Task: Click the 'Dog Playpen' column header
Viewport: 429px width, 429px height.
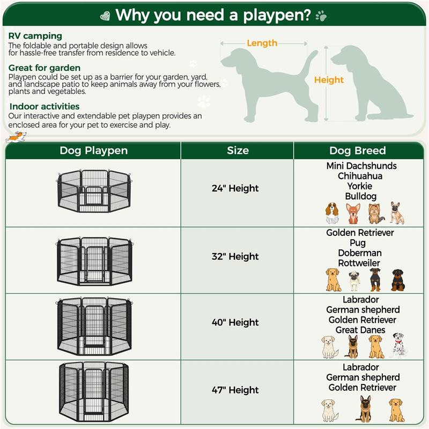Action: point(93,151)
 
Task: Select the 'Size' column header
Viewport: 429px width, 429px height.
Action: point(238,151)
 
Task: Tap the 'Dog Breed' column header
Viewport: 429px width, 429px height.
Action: point(358,151)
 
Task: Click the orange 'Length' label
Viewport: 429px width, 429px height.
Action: point(262,43)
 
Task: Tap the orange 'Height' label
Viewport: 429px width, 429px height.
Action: point(329,80)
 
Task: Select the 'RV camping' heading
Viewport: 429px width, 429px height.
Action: point(35,36)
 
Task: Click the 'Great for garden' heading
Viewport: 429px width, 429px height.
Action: point(45,68)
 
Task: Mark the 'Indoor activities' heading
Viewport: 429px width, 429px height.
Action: point(45,107)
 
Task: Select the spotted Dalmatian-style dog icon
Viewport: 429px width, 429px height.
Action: point(397,345)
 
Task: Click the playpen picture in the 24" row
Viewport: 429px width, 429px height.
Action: point(93,190)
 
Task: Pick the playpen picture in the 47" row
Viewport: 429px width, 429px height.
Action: point(93,391)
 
